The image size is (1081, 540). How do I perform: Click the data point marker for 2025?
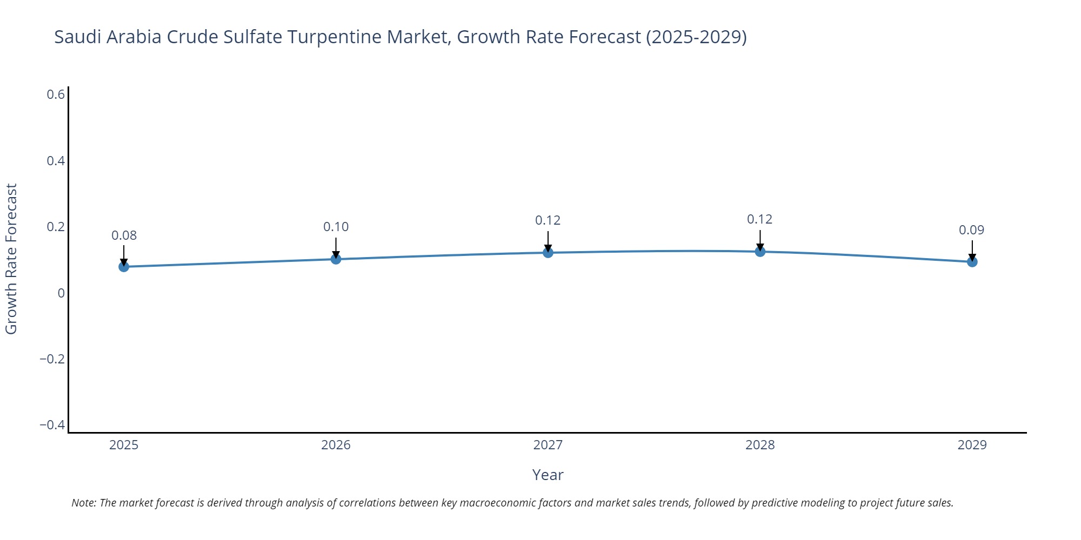pos(124,267)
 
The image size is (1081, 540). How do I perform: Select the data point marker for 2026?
pos(336,259)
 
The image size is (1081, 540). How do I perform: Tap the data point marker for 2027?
pos(548,253)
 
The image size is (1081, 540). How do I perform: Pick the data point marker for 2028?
pos(760,252)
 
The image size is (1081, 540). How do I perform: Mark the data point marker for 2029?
pos(972,262)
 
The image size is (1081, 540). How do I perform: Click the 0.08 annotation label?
pos(124,235)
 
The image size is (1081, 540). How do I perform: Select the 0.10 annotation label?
pos(336,227)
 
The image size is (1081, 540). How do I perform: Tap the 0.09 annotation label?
pos(971,230)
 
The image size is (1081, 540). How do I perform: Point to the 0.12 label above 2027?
pos(548,220)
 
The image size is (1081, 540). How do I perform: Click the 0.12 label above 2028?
pos(759,219)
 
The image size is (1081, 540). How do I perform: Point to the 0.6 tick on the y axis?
pos(56,94)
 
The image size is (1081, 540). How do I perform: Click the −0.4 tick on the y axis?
pos(52,425)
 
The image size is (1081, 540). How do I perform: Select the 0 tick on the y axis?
pos(61,293)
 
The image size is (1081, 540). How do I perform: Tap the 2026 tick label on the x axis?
pos(336,445)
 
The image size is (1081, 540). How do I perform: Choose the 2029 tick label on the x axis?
pos(972,445)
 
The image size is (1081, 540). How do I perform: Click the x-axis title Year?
pos(548,475)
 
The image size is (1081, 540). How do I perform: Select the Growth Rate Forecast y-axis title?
pos(11,259)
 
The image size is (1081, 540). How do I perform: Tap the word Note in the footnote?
pos(83,503)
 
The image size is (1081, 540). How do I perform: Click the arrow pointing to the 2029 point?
pos(972,250)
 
